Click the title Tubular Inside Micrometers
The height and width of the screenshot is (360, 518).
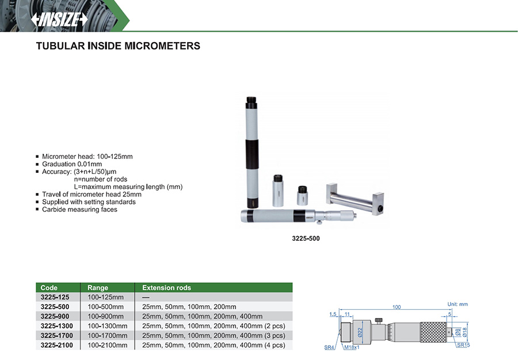tap(118, 46)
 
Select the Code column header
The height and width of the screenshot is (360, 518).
tap(49, 287)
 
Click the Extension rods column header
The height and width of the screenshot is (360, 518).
tap(166, 287)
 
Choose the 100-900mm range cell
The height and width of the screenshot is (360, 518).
tap(106, 316)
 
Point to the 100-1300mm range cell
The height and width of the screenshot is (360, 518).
tap(108, 326)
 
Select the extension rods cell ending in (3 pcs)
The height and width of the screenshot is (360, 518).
tap(214, 336)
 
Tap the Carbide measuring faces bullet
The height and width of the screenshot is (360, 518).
tap(79, 210)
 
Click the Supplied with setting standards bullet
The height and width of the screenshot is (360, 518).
tap(89, 202)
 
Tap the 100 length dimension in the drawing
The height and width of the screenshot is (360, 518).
tap(396, 307)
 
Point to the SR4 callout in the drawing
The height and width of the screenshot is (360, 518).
tap(329, 347)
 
